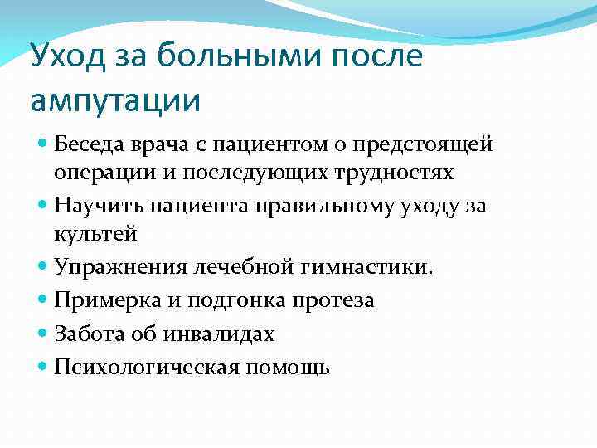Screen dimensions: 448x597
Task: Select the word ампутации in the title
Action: pyautogui.click(x=115, y=100)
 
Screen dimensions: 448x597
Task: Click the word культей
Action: pyautogui.click(x=95, y=233)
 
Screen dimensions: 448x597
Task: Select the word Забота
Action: pyautogui.click(x=86, y=334)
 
